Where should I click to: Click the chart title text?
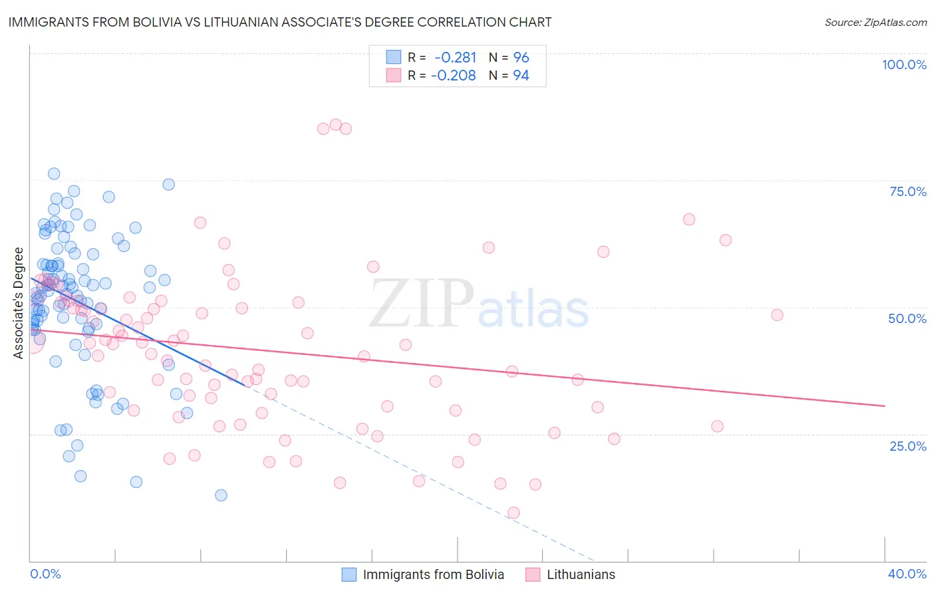tap(279, 22)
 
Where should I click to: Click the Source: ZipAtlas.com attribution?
tap(875, 22)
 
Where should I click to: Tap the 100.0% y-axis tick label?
tap(904, 64)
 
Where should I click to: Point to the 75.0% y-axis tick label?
tap(908, 191)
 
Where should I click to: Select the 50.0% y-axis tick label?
tap(907, 318)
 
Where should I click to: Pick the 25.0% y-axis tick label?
tap(908, 445)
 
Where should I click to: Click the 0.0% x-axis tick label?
tap(45, 574)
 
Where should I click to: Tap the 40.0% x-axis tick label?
tap(907, 574)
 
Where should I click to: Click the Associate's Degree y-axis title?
tap(19, 303)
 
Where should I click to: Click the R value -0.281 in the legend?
tap(455, 58)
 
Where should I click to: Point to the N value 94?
tap(521, 76)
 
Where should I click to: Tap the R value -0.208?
tap(454, 76)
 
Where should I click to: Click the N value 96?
tap(521, 58)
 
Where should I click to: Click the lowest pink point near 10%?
tap(513, 513)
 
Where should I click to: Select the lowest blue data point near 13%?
tap(221, 495)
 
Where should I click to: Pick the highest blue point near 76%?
tap(54, 174)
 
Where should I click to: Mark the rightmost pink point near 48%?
tap(777, 315)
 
